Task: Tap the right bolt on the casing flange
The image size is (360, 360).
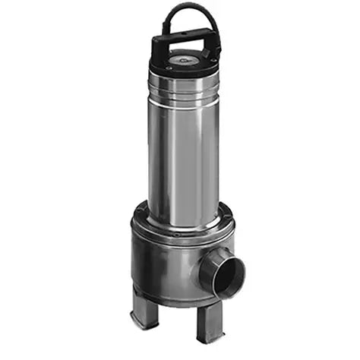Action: [228, 220]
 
